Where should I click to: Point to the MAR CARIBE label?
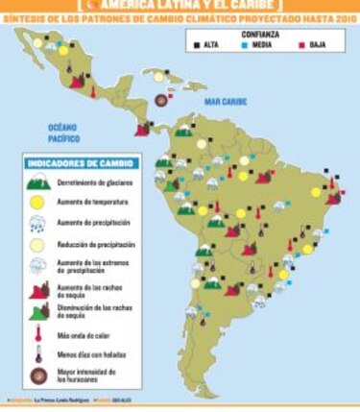[x=222, y=99]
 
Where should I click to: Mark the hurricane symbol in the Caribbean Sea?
[x=159, y=100]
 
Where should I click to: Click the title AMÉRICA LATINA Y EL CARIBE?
[x=180, y=5]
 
